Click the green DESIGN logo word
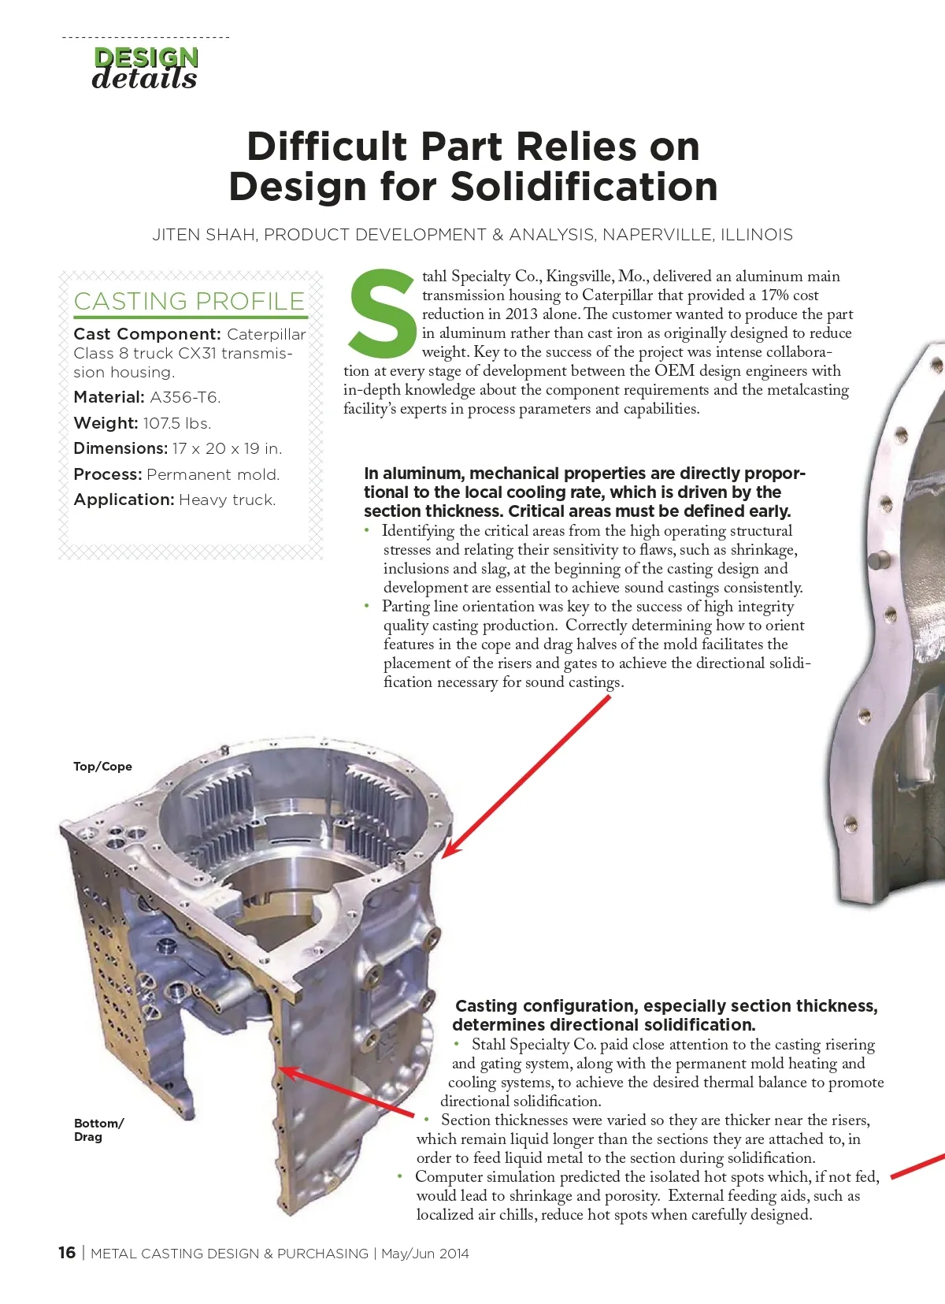click(146, 57)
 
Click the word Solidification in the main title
click(584, 188)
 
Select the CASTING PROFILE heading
click(189, 301)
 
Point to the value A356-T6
click(185, 397)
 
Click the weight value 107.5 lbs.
click(177, 423)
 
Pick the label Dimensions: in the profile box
click(120, 448)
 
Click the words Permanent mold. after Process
click(213, 474)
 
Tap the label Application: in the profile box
click(124, 500)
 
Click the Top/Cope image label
click(102, 767)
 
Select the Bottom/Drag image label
click(98, 1130)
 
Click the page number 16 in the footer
click(67, 1253)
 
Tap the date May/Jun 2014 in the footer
click(424, 1254)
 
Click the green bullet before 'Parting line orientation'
click(367, 606)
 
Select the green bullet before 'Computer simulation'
click(400, 1176)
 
